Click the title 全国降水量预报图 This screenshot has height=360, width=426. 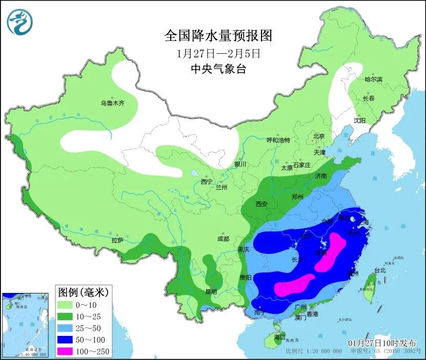[x=218, y=36]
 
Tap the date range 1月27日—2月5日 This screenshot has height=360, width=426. [x=218, y=53]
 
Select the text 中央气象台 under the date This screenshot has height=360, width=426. [x=218, y=69]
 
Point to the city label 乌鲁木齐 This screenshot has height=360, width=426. [x=112, y=103]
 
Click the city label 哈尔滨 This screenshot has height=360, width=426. [x=373, y=79]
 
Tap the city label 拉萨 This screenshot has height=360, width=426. [x=117, y=240]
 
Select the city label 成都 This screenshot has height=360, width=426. [x=224, y=238]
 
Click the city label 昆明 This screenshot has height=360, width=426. [x=211, y=291]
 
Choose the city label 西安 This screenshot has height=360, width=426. [x=261, y=204]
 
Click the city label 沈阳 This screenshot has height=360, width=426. [x=359, y=121]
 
